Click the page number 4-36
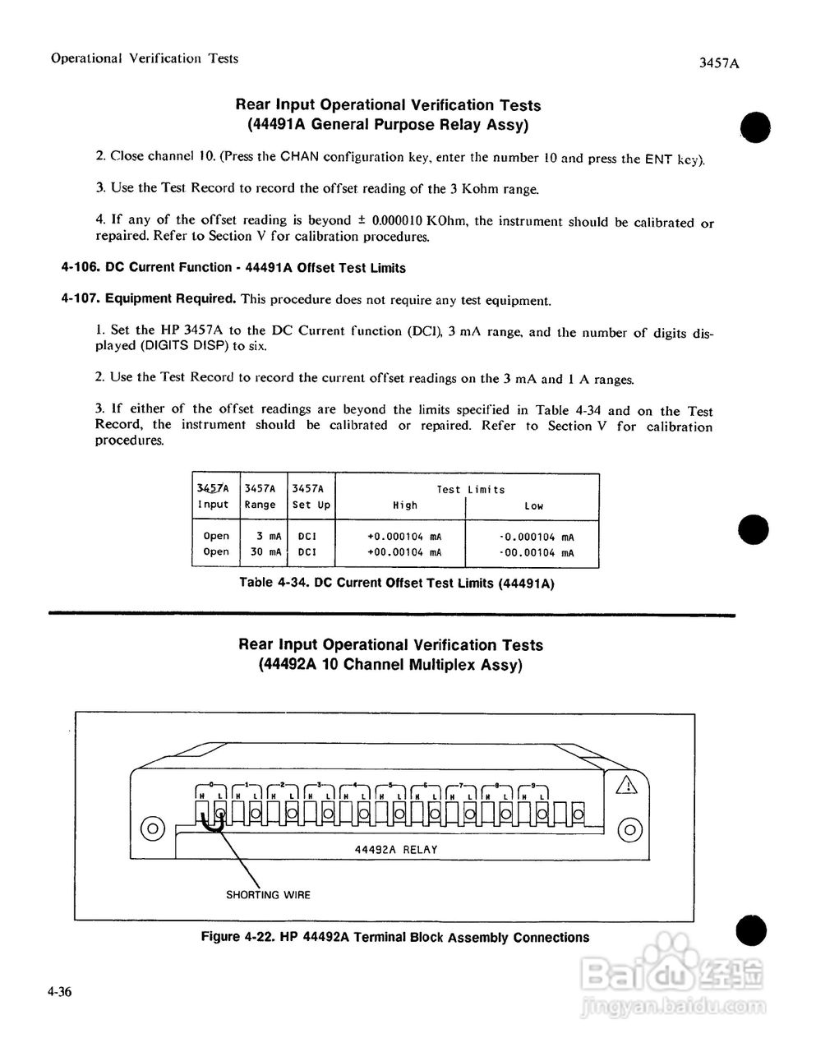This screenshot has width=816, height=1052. (60, 992)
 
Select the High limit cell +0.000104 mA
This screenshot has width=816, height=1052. (404, 537)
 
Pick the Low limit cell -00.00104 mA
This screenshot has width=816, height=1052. (537, 553)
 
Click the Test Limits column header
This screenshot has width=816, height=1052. (470, 489)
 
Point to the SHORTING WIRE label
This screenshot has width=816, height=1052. (268, 895)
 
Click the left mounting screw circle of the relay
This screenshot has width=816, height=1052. (152, 828)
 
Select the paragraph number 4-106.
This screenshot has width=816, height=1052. (81, 267)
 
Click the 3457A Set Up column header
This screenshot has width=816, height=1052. (311, 496)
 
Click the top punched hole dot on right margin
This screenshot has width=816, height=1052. (755, 128)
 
